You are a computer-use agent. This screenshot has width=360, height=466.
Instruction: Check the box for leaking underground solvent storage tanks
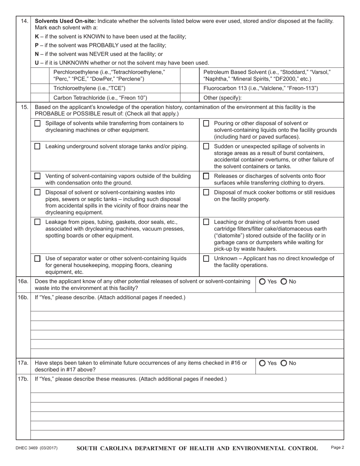(38, 147)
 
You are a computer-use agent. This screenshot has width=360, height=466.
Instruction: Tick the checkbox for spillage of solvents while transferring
(38, 124)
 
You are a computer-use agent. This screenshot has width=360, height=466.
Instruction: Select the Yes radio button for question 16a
(262, 281)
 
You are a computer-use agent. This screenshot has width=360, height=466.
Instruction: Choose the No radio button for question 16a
(284, 281)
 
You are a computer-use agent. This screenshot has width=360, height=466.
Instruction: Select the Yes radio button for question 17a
(262, 363)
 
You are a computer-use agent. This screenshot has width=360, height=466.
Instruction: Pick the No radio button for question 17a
(284, 363)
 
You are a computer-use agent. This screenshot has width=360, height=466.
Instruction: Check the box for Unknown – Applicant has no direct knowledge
(206, 259)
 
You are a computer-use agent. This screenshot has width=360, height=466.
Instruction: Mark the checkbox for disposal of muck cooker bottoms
(206, 192)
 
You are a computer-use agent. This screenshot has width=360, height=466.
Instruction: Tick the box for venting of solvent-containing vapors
(38, 176)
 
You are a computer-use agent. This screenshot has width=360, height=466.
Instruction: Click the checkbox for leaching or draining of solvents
(206, 222)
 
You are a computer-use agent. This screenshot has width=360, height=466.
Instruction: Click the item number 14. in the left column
(23, 21)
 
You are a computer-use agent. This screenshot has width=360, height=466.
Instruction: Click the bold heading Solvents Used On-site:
(65, 21)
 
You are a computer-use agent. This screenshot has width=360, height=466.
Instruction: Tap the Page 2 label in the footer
(337, 447)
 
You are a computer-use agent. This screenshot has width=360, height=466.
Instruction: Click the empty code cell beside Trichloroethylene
(40, 88)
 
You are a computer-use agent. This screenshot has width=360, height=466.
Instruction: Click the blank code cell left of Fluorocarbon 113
(189, 88)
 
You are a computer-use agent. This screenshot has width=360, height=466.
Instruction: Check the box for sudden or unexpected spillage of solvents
(206, 147)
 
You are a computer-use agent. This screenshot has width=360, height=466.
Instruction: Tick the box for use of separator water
(38, 259)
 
